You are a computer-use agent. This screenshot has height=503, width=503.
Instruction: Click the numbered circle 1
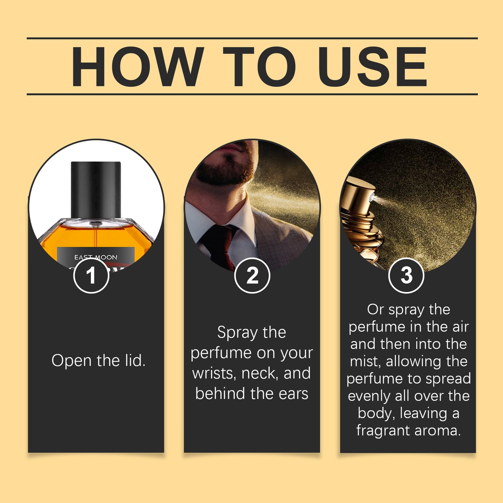pos(91,275)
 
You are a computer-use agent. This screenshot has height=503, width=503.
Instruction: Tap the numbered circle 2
pos(252,275)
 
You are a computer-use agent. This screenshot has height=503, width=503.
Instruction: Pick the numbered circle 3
pos(406,275)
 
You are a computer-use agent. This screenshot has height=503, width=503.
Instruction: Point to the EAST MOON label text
pos(96,257)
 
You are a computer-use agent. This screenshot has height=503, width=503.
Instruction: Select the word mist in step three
pos(366,361)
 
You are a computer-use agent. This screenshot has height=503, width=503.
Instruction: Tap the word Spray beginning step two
pos(237,332)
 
